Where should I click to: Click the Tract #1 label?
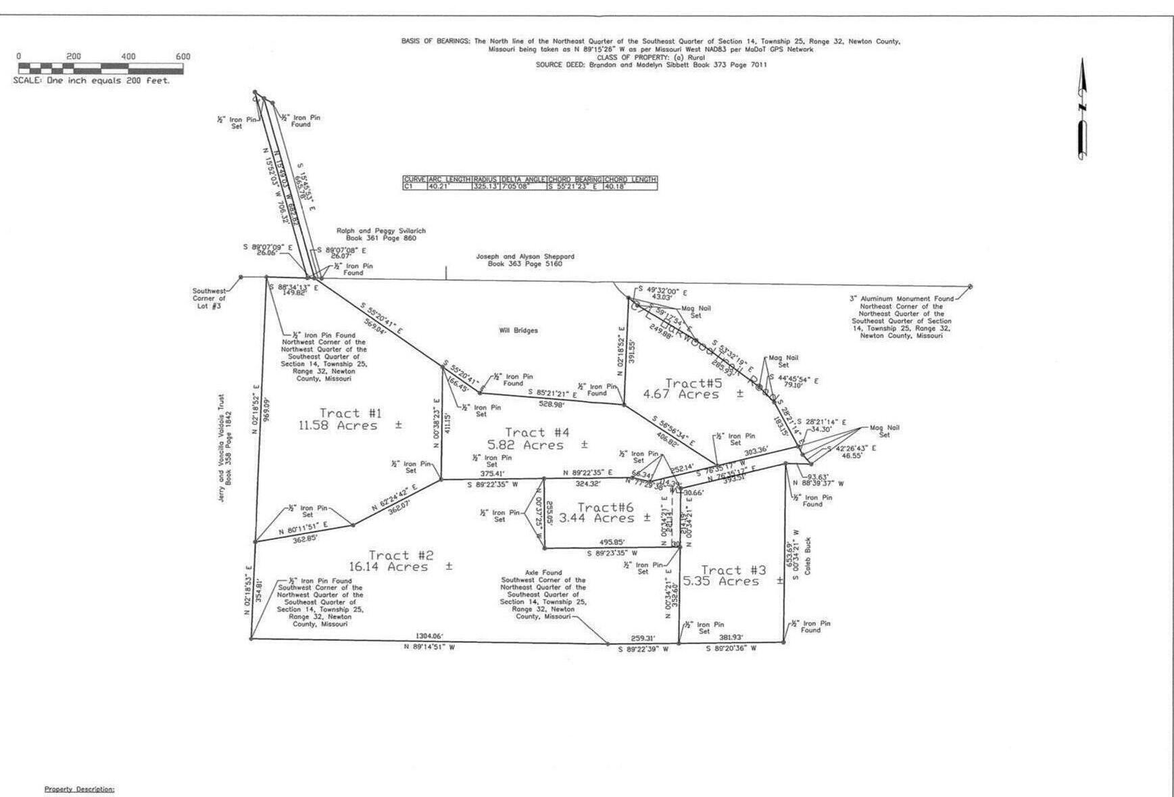tap(351, 413)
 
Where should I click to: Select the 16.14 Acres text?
tap(389, 567)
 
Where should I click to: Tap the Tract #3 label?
tap(733, 571)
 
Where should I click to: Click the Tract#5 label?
tap(694, 383)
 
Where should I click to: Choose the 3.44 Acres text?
tap(595, 518)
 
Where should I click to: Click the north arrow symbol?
tap(1082, 108)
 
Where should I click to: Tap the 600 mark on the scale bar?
tap(182, 57)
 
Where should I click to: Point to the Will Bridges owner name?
tap(518, 331)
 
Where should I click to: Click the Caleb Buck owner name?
tap(808, 556)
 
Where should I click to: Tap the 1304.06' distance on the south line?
tap(430, 636)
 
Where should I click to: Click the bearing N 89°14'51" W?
tap(429, 647)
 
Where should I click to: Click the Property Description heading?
tap(79, 789)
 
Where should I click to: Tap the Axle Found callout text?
tap(543, 572)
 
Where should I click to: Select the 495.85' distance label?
tap(612, 542)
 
